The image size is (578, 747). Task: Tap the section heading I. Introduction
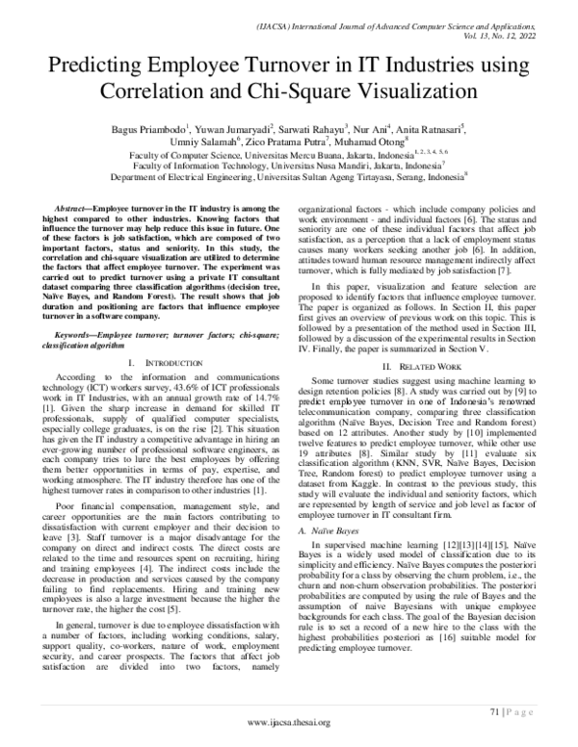[157, 335]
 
